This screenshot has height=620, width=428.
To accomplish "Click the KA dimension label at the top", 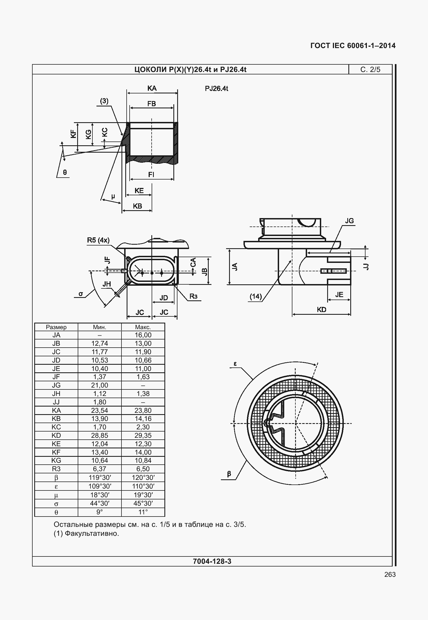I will [152, 88].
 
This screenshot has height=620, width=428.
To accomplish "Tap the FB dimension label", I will [152, 104].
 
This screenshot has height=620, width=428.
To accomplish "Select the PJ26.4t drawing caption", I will [217, 89].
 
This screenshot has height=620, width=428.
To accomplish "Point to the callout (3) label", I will [104, 101].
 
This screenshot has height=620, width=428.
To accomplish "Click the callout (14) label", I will [256, 296].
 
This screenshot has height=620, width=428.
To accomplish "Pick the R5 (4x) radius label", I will [98, 240].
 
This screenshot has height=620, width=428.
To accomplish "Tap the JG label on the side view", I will [349, 221].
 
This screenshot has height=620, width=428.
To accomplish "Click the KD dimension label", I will [321, 310].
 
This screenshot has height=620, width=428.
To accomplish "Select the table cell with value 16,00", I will [143, 335].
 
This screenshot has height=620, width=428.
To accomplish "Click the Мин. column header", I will [99, 327].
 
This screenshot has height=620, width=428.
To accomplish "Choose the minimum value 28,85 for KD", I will [99, 436].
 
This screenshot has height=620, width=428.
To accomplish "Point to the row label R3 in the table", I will [56, 469].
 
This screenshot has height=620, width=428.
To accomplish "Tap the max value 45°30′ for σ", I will [143, 503].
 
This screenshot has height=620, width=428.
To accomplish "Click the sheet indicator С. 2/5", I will [370, 70].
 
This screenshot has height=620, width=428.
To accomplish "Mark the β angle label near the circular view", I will [229, 474].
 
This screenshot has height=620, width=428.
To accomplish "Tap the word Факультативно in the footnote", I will [92, 534].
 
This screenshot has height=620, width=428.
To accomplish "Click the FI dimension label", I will [151, 175].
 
